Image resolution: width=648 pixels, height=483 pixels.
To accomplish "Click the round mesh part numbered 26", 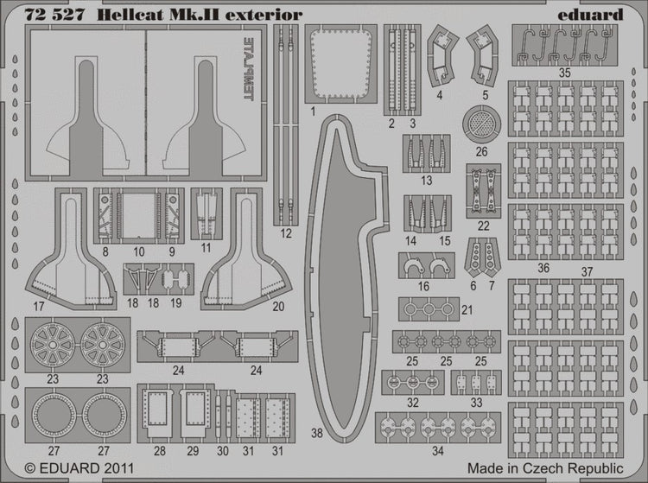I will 481,124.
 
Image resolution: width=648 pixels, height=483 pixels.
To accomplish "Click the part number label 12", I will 286,233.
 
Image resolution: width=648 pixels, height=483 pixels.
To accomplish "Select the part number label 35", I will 564,73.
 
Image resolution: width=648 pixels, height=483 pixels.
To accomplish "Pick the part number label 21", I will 467,310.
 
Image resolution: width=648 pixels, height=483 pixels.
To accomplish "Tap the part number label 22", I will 483,226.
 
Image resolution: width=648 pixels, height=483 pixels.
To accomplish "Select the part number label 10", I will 138,251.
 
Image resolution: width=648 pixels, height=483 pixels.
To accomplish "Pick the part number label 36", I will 543,269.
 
